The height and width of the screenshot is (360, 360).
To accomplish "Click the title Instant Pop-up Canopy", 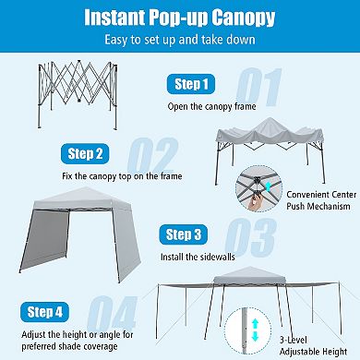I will [180, 18].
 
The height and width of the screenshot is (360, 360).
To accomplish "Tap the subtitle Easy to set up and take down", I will [180, 40].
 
